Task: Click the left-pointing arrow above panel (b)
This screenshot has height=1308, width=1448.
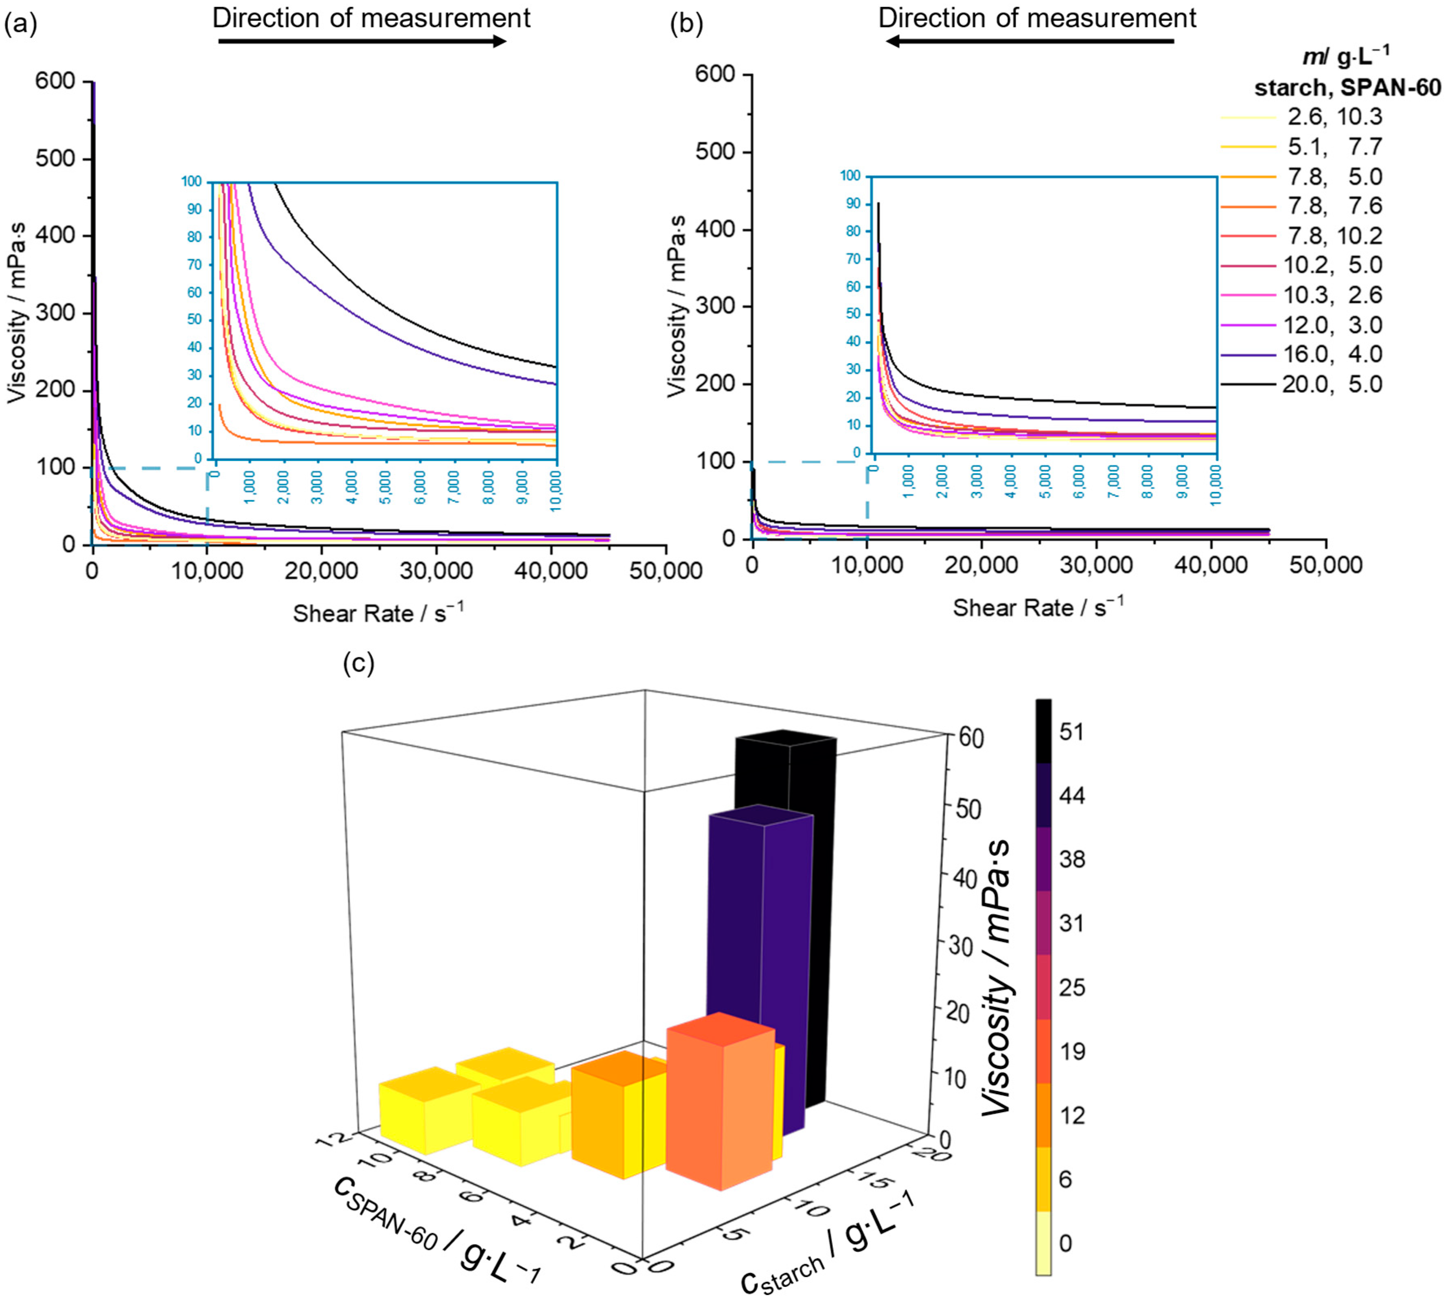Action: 1029,41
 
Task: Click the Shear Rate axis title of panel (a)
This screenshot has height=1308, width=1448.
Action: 378,613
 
